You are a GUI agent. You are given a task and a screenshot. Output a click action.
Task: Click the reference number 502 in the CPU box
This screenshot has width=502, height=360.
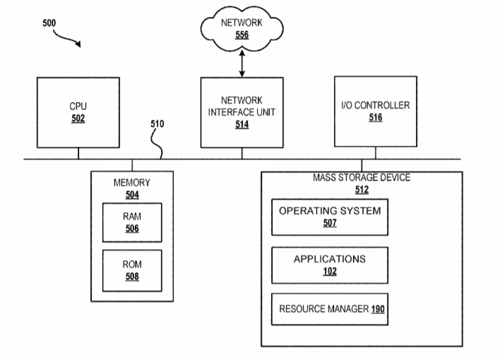(x=78, y=119)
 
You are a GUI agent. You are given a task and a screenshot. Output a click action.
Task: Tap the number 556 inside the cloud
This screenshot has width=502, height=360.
(x=241, y=35)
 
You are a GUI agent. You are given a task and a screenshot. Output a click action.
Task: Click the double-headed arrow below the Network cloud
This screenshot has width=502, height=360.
(x=241, y=64)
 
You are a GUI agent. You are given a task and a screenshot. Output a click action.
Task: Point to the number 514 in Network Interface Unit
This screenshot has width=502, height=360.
(x=241, y=124)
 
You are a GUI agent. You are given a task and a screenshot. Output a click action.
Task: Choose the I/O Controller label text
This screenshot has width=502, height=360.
(x=375, y=106)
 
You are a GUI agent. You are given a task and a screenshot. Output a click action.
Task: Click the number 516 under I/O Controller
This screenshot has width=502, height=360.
(x=375, y=118)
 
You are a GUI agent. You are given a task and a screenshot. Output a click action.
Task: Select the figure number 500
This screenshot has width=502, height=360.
(x=49, y=23)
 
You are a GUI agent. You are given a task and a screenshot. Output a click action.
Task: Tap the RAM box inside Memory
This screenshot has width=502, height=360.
(x=131, y=222)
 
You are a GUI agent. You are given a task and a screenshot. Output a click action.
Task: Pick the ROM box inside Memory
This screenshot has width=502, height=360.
(x=131, y=270)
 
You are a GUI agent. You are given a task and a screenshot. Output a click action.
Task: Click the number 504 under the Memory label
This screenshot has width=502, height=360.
(x=131, y=195)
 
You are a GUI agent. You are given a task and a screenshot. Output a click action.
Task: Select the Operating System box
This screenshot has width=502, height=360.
(x=330, y=217)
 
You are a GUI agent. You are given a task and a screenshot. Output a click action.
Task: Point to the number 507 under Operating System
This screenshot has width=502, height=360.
(x=330, y=224)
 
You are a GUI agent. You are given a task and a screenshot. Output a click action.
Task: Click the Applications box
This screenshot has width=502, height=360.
(x=330, y=265)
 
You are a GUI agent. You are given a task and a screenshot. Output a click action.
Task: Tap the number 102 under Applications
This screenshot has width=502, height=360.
(x=330, y=272)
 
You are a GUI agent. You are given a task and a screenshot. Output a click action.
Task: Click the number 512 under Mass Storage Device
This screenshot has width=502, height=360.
(x=361, y=189)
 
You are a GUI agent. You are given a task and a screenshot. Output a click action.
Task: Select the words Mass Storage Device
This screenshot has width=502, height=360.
(x=361, y=178)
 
